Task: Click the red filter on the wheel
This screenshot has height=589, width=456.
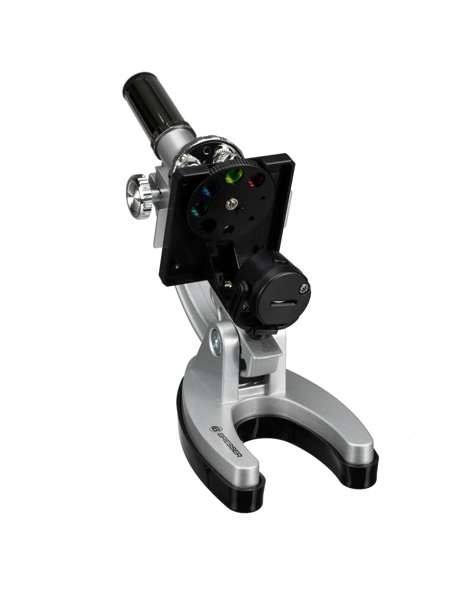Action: click(x=255, y=179)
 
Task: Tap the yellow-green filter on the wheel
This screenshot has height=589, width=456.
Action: click(x=234, y=176)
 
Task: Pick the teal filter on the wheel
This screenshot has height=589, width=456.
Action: click(x=199, y=209)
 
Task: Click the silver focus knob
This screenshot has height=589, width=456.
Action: click(x=138, y=196)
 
